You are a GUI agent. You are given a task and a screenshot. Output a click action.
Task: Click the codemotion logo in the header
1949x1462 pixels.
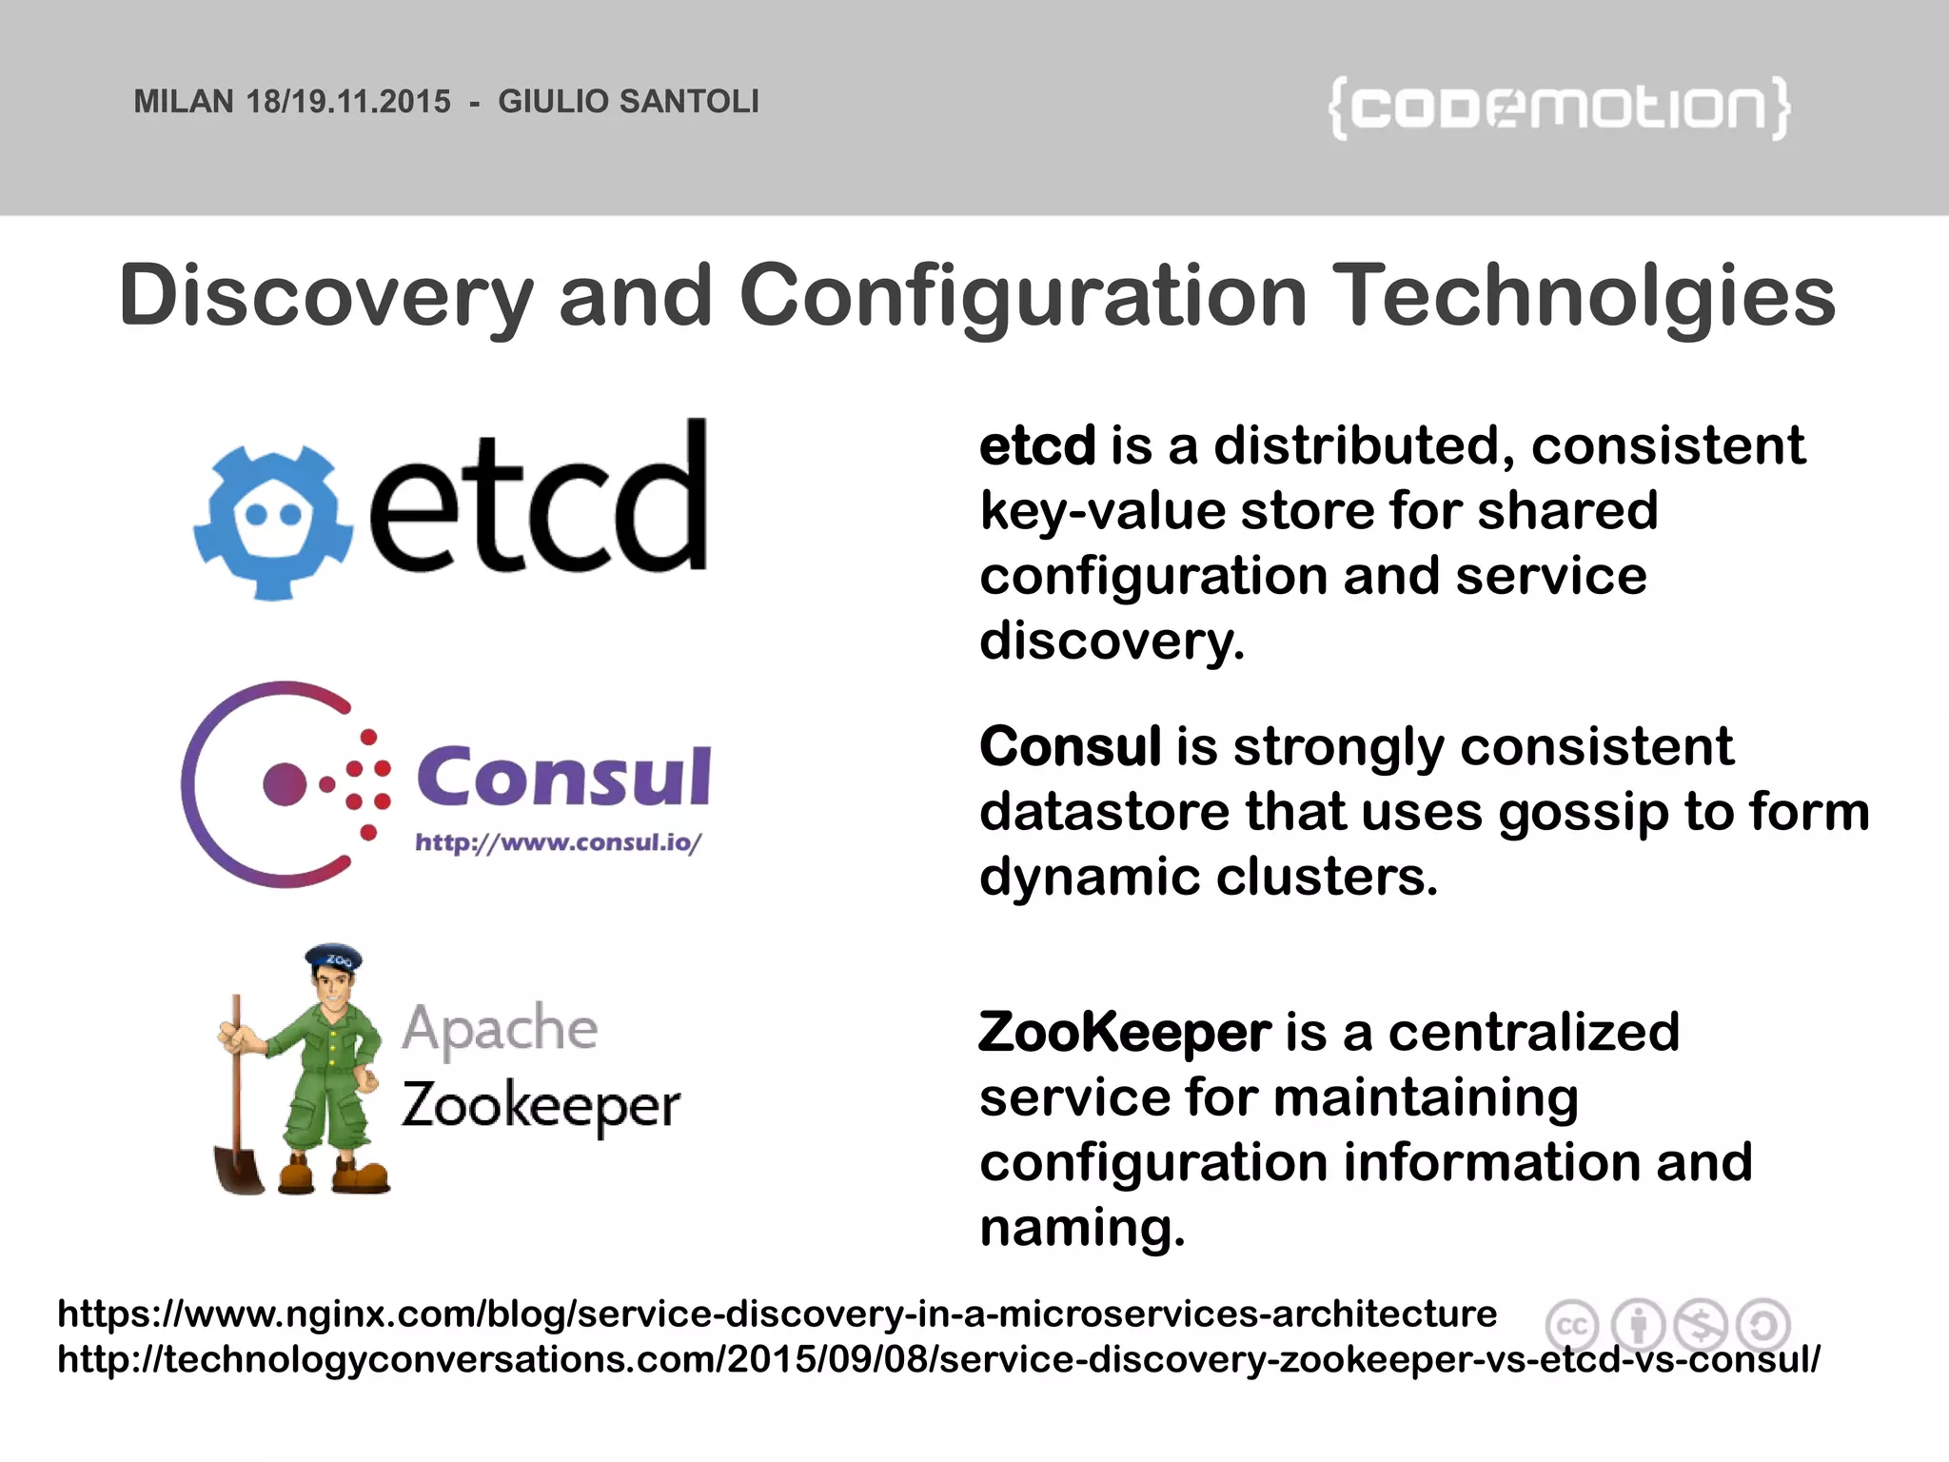1559,108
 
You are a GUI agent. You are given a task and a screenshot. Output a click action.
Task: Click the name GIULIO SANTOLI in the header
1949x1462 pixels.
628,102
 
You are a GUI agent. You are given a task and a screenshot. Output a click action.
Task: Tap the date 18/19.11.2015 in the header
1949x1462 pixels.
348,102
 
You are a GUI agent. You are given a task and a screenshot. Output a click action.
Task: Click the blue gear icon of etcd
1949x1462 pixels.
272,521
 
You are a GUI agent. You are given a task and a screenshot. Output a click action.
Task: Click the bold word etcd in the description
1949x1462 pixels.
1037,445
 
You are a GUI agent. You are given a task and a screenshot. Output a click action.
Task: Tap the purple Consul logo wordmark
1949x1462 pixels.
563,777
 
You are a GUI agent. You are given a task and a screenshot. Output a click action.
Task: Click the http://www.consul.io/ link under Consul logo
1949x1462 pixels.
558,842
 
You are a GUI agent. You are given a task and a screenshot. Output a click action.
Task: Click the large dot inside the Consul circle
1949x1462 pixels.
285,783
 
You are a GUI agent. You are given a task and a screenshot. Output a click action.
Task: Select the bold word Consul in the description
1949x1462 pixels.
1070,746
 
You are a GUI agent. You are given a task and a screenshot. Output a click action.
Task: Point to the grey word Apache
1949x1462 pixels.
500,1029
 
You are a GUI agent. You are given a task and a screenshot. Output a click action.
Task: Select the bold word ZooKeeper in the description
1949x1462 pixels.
1124,1033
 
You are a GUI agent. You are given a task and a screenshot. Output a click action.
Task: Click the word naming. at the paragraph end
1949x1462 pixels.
1082,1228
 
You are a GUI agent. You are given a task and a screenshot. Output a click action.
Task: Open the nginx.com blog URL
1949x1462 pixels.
777,1314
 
